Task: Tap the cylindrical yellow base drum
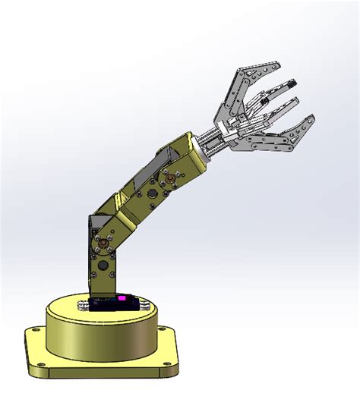[x=99, y=338]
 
